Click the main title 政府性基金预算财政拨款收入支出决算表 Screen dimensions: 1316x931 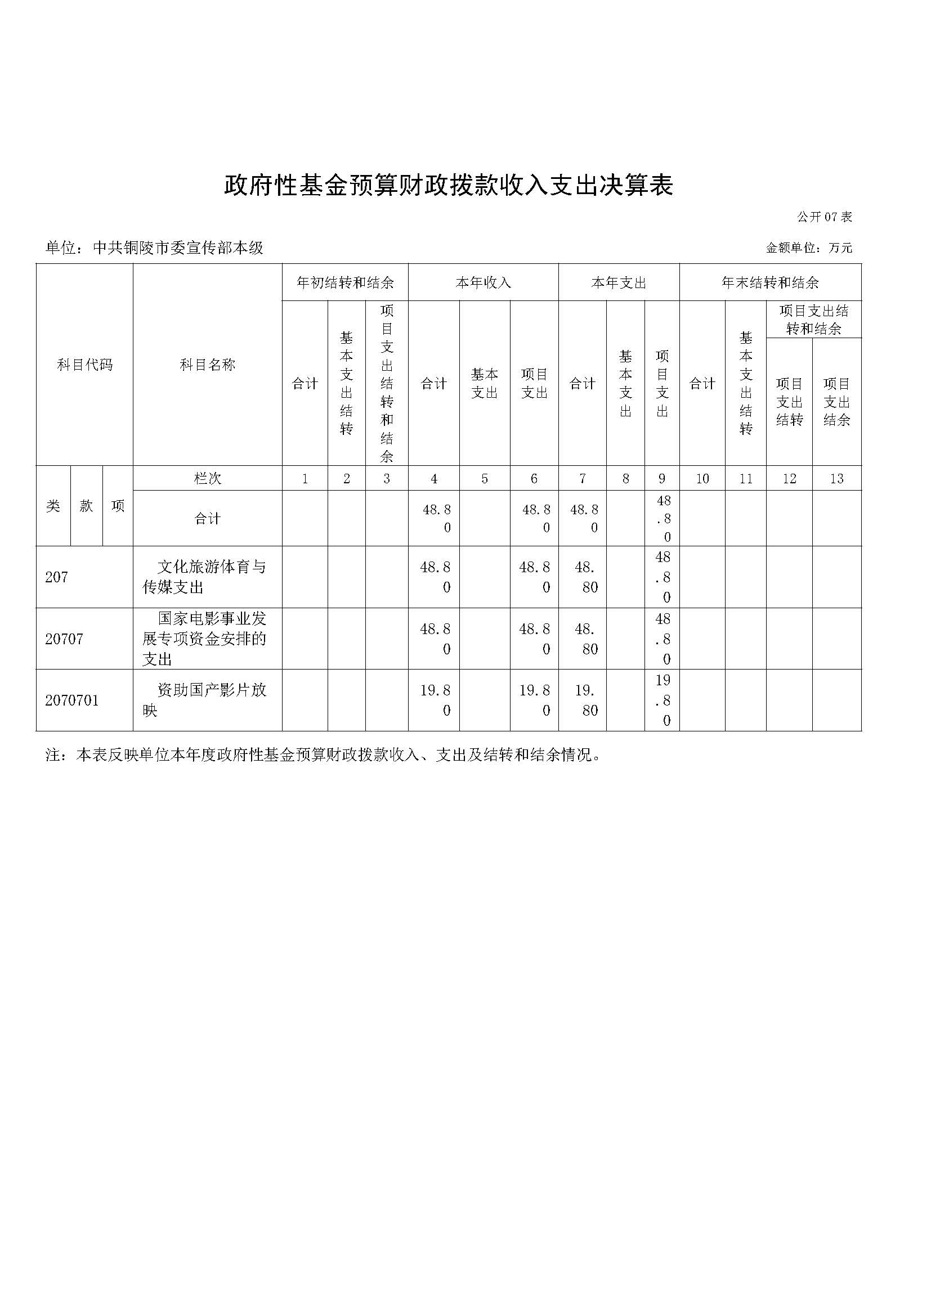[447, 186]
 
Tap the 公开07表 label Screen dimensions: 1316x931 [824, 217]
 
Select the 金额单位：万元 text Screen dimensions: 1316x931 [809, 248]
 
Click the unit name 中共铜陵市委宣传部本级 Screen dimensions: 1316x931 [178, 248]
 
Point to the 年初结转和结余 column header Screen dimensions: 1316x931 [344, 282]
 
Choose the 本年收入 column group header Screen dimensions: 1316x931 [483, 282]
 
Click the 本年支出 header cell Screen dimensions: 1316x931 [619, 282]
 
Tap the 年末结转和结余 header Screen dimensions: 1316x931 [770, 282]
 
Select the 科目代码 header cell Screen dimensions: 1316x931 [85, 365]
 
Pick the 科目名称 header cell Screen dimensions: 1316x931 [208, 365]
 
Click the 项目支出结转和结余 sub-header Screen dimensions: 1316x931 [813, 319]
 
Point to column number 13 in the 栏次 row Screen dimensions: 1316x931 [836, 479]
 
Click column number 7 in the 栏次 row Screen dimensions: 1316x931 [583, 479]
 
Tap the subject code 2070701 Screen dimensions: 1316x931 [71, 700]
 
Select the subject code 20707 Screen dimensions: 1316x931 [64, 639]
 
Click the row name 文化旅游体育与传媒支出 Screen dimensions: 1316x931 [205, 577]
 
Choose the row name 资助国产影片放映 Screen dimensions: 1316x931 [205, 700]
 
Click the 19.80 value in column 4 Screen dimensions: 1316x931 [435, 700]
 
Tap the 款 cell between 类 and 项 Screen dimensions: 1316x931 [87, 506]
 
